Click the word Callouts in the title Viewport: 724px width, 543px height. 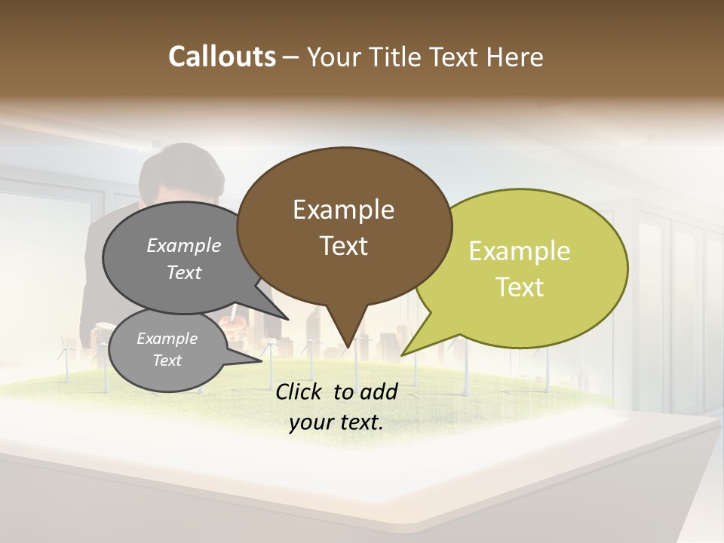pos(222,57)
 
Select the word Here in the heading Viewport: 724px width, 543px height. pos(514,57)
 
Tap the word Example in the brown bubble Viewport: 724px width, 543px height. pos(343,210)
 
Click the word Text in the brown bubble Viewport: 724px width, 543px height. pos(343,246)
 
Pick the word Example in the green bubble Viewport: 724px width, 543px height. pos(520,251)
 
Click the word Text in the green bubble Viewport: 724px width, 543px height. pos(520,287)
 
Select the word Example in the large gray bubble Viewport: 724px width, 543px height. pos(184,246)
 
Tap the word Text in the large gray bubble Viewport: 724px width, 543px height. pos(184,272)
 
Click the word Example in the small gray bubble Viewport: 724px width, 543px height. pos(167,339)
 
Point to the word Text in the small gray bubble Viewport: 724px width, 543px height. pos(167,360)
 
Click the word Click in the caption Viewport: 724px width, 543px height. pos(300,392)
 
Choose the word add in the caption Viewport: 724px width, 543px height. pos(379,392)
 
